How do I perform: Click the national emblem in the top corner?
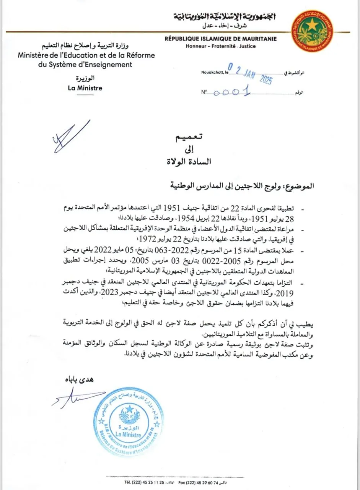point(312,31)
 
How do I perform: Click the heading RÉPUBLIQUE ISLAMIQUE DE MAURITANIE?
point(220,39)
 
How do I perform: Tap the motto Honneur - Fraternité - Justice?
point(221,46)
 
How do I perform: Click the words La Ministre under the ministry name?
point(84,88)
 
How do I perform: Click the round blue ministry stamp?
point(129,422)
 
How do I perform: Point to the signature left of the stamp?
point(77,398)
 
